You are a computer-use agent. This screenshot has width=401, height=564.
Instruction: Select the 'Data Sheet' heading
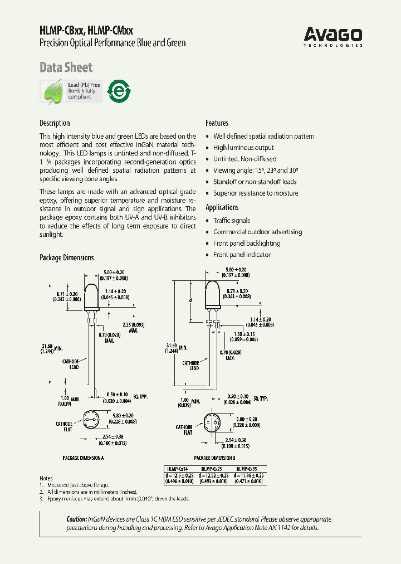pyautogui.click(x=66, y=67)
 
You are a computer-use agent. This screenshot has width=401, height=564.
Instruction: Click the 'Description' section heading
pyautogui.click(x=55, y=123)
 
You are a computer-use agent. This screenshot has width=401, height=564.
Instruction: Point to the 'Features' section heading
pyautogui.click(x=217, y=123)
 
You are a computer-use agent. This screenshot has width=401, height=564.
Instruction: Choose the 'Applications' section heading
pyautogui.click(x=222, y=207)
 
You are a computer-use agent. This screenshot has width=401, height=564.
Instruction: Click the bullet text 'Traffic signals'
pyautogui.click(x=232, y=221)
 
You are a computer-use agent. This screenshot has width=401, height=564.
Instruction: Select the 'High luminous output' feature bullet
pyautogui.click(x=243, y=148)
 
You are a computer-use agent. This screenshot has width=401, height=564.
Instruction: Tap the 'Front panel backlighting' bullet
pyautogui.click(x=247, y=244)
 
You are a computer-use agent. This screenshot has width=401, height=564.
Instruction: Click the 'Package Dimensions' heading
pyautogui.click(x=66, y=257)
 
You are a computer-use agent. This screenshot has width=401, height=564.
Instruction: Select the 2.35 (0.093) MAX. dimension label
pyautogui.click(x=134, y=327)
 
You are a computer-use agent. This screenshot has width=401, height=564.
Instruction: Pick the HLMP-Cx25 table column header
pyautogui.click(x=212, y=469)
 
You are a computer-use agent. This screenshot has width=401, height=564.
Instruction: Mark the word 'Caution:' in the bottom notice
pyautogui.click(x=77, y=519)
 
